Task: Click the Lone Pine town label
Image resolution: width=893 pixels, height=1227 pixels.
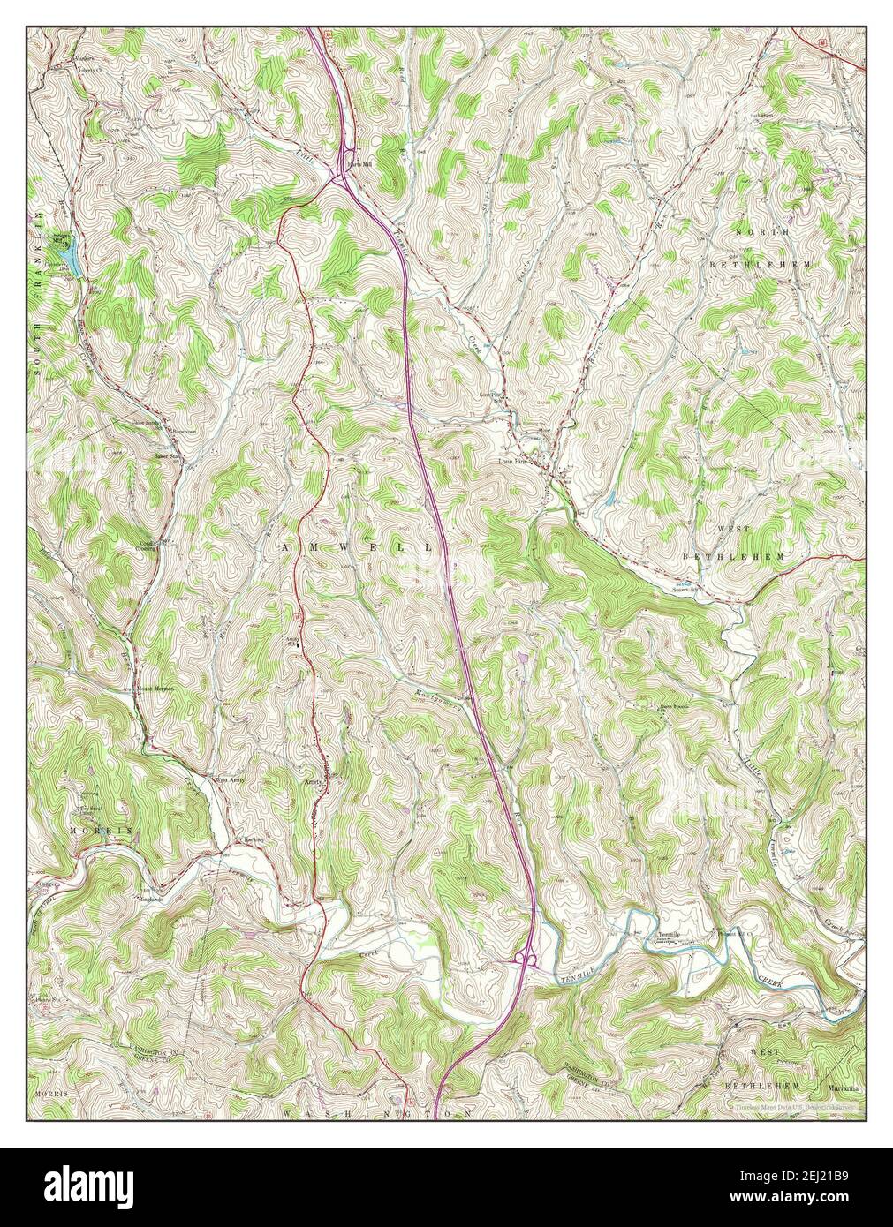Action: point(514,461)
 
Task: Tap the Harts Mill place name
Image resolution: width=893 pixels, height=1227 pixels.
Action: point(356,164)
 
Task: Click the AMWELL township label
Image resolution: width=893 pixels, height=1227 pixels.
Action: point(358,548)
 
